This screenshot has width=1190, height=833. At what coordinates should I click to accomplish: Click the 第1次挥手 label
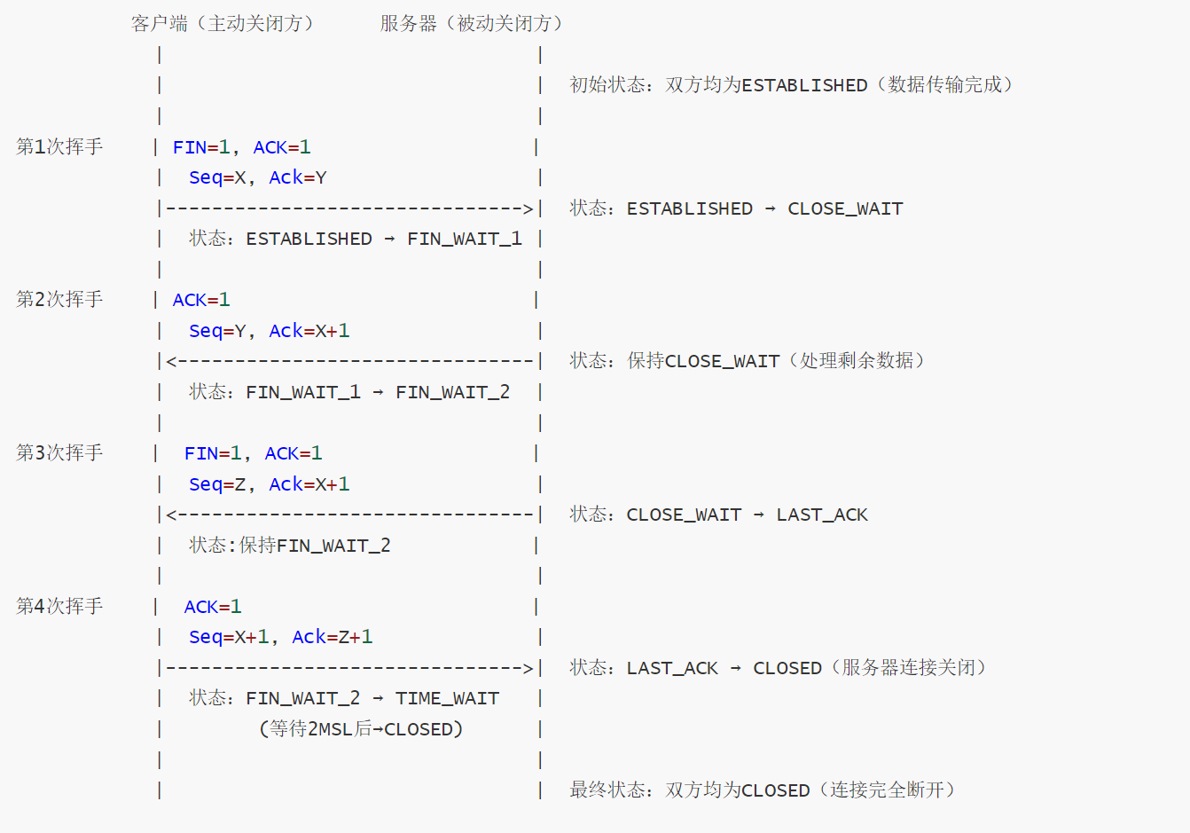point(59,146)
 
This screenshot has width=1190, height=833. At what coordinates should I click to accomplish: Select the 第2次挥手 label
point(59,300)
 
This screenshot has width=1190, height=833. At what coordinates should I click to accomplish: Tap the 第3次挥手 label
point(59,453)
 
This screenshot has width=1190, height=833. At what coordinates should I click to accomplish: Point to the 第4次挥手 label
point(59,607)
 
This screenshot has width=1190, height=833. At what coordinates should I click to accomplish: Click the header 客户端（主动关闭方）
point(223,24)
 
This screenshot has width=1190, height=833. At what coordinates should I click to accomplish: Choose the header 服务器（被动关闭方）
point(472,24)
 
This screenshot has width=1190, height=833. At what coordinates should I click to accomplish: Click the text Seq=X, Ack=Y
point(257,177)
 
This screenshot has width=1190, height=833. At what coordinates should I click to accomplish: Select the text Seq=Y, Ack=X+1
point(269,331)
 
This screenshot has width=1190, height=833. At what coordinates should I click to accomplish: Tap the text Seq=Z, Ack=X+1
point(269,484)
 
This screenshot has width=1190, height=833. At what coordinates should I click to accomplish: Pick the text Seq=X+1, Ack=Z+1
point(280,637)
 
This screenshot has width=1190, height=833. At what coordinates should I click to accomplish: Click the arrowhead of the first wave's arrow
point(528,208)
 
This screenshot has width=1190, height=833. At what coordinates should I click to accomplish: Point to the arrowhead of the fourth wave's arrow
point(528,668)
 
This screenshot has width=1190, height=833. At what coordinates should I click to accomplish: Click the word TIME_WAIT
point(447,699)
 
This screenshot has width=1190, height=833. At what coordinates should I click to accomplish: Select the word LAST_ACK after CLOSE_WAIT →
point(822,515)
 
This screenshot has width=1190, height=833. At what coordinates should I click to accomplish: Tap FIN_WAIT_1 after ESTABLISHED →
point(465,239)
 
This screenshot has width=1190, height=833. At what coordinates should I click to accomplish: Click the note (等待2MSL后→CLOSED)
point(361,729)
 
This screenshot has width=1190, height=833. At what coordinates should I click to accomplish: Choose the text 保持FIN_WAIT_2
point(315,546)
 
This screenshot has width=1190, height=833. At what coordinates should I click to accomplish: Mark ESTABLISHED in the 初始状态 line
point(804,85)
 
